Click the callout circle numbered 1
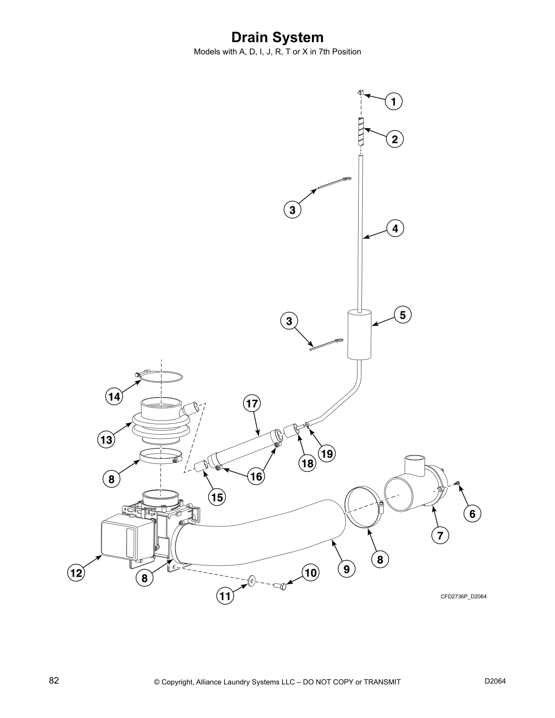point(394,101)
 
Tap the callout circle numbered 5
point(403,315)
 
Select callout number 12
point(76,573)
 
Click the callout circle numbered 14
point(114,397)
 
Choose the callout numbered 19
point(326,453)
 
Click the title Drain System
point(277,37)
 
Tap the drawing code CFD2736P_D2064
point(463,597)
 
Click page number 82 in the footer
point(54,681)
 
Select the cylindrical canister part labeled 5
point(359,334)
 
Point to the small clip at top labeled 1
point(360,93)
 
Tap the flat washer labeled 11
point(251,580)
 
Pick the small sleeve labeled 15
point(201,466)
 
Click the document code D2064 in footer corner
point(495,681)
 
